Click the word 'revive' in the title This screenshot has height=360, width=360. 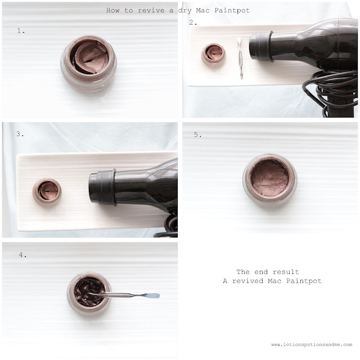tap(151, 10)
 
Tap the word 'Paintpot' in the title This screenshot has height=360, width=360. tap(232, 11)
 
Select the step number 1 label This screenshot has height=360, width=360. tap(21, 31)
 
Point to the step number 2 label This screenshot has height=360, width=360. tap(193, 22)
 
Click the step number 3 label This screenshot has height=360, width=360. tap(20, 134)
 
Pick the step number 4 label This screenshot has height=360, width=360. tap(22, 255)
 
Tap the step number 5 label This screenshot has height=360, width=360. tap(197, 134)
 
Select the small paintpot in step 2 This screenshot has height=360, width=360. tap(214, 55)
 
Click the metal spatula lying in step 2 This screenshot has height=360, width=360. tap(240, 57)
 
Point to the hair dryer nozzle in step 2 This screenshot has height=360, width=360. tap(261, 47)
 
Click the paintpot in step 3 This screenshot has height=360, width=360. tap(47, 191)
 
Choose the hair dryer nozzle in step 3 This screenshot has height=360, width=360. tap(102, 187)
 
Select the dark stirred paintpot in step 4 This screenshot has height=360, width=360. tap(89, 293)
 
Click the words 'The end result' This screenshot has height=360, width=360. tap(268, 272)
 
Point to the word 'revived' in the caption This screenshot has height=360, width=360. tap(247, 281)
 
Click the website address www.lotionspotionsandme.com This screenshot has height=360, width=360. tap(312, 344)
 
